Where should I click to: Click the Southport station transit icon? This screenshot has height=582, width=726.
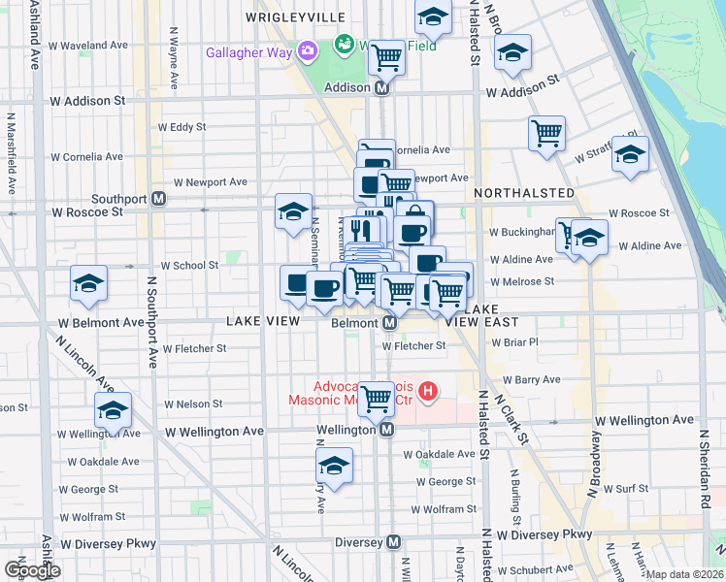click(x=158, y=199)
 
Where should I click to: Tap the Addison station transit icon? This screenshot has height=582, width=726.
click(x=381, y=87)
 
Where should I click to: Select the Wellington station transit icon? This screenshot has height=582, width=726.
click(x=386, y=429)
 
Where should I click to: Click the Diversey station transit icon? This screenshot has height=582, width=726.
click(x=394, y=542)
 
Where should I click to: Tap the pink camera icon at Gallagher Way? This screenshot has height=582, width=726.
click(x=308, y=50)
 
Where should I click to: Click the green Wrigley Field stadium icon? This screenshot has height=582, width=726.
click(x=343, y=45)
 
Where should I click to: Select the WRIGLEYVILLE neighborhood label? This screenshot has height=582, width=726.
click(x=295, y=17)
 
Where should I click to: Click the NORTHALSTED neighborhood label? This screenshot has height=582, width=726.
click(x=523, y=194)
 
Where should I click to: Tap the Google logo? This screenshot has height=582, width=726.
click(x=32, y=570)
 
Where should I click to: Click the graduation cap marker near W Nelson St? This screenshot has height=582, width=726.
click(x=114, y=411)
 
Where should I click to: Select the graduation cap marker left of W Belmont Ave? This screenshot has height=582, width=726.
click(x=89, y=283)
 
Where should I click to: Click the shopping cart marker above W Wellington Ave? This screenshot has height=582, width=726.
click(x=376, y=397)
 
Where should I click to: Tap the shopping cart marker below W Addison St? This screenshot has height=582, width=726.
click(x=547, y=134)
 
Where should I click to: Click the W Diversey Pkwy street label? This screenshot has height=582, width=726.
click(x=544, y=534)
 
